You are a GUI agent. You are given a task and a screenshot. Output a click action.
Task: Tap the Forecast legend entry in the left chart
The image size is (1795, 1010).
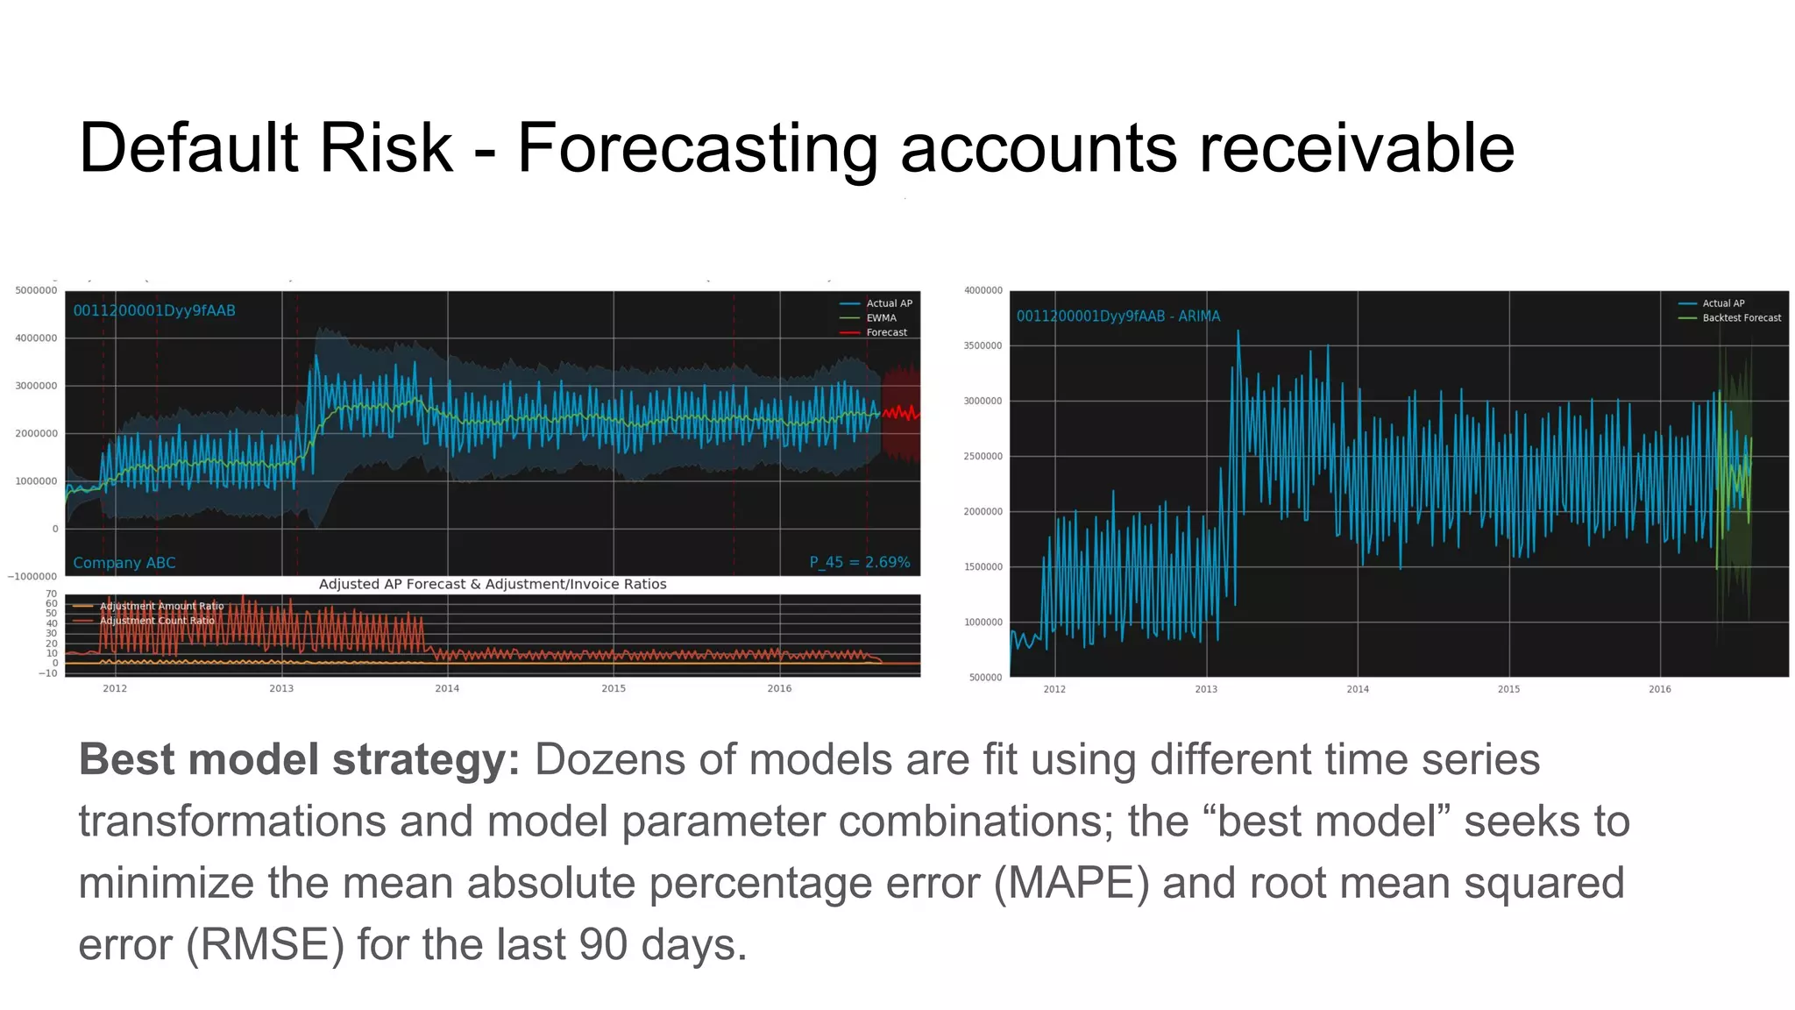(886, 332)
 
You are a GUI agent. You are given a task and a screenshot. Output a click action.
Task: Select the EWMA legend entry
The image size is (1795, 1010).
(881, 318)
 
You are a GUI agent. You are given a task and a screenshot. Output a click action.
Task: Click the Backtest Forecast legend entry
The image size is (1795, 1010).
(1741, 318)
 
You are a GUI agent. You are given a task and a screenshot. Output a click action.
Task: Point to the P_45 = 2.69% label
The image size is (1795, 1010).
(859, 563)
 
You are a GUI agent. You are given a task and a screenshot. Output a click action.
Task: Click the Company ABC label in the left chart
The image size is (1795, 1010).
(124, 563)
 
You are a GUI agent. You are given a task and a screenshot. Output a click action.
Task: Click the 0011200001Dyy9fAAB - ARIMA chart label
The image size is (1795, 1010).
(1117, 317)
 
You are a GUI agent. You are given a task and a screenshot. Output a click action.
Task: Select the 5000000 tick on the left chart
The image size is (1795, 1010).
(36, 290)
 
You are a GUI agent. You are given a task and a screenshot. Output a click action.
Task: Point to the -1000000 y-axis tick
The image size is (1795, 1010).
(32, 576)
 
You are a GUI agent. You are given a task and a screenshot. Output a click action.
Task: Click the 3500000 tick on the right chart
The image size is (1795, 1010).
(983, 345)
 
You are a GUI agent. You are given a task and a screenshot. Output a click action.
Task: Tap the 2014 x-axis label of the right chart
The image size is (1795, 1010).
(1357, 689)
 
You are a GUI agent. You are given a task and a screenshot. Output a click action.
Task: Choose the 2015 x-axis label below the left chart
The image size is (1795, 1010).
(614, 688)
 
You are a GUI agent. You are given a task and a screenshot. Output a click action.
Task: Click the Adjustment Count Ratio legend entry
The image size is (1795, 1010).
(156, 621)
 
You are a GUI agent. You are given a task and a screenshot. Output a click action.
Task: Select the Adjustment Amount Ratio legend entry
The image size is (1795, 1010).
(161, 606)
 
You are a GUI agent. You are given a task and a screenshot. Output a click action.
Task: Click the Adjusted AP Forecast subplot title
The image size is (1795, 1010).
(493, 584)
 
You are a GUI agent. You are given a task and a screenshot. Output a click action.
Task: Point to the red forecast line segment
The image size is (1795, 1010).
(901, 412)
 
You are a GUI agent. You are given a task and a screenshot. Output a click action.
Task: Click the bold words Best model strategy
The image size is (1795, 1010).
(299, 759)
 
